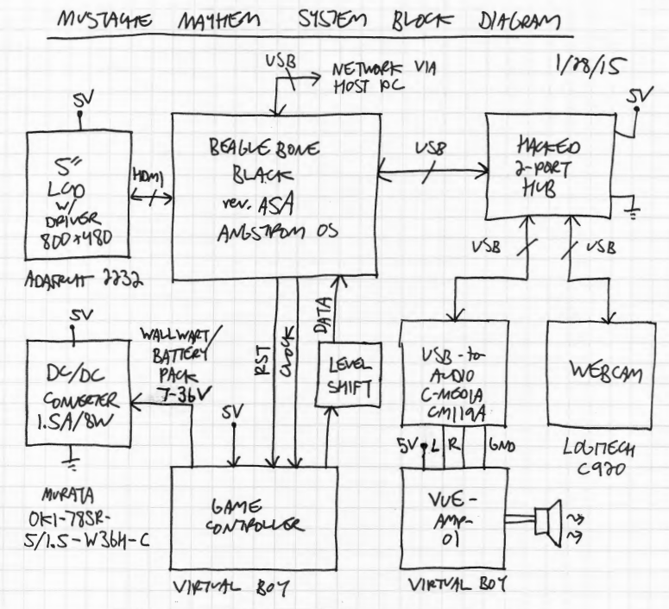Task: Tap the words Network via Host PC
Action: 380,79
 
